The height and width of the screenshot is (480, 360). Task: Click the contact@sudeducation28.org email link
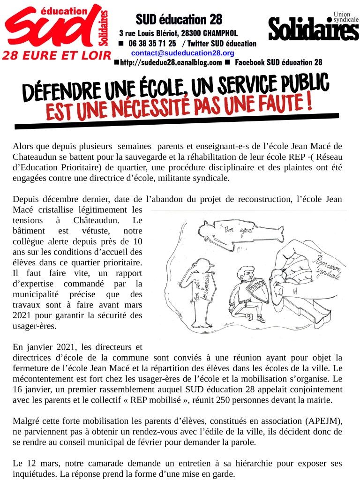182,53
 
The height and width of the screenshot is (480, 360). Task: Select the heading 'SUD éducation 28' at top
179,20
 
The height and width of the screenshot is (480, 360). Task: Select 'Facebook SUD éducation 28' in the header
278,62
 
